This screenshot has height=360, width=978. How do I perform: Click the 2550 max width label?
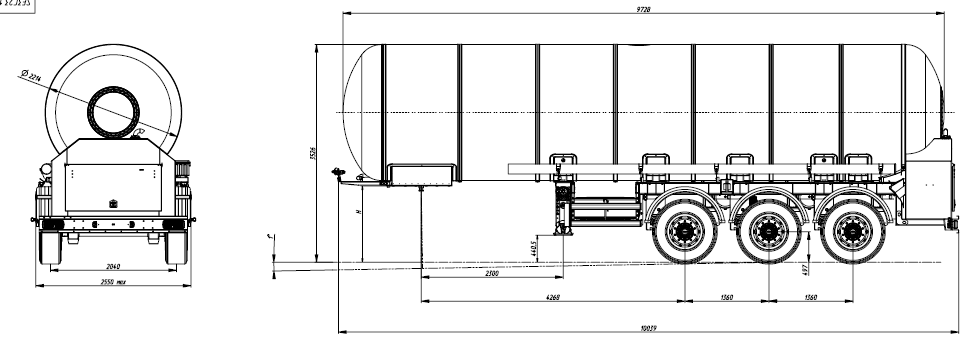tap(113, 283)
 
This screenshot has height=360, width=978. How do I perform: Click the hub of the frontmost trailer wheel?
tap(685, 234)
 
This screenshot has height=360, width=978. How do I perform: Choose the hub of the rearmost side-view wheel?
tap(853, 234)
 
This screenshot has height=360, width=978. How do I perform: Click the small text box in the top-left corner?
tap(16, 5)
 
